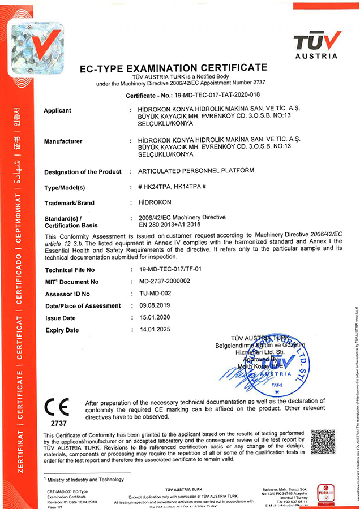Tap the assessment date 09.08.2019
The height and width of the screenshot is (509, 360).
tap(155, 305)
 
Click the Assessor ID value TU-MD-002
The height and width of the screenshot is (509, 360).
tap(155, 293)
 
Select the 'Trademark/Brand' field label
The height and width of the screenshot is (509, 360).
tap(69, 202)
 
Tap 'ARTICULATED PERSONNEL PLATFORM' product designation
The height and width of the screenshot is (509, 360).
tap(192, 171)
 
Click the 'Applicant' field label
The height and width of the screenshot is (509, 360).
tap(58, 110)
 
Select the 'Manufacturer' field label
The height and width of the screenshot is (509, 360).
tap(63, 141)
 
